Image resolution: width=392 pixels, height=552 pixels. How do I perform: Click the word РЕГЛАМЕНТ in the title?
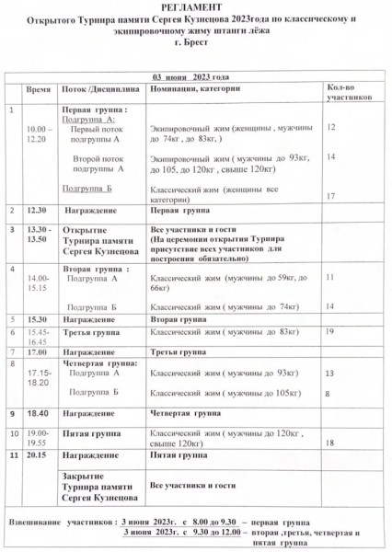[x=195, y=7]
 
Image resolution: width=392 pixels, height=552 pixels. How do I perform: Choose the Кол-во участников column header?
[x=345, y=90]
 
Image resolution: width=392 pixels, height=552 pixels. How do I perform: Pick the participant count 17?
[x=331, y=195]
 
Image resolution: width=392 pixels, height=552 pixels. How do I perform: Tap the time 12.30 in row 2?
[x=37, y=211]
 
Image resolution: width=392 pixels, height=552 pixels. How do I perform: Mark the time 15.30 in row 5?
[x=37, y=318]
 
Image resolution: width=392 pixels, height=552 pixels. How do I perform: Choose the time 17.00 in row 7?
[x=37, y=351]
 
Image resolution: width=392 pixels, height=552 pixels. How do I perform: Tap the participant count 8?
[x=329, y=393]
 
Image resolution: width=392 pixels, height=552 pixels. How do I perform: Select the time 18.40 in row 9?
[x=37, y=413]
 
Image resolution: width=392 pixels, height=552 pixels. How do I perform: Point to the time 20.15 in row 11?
[x=37, y=454]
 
